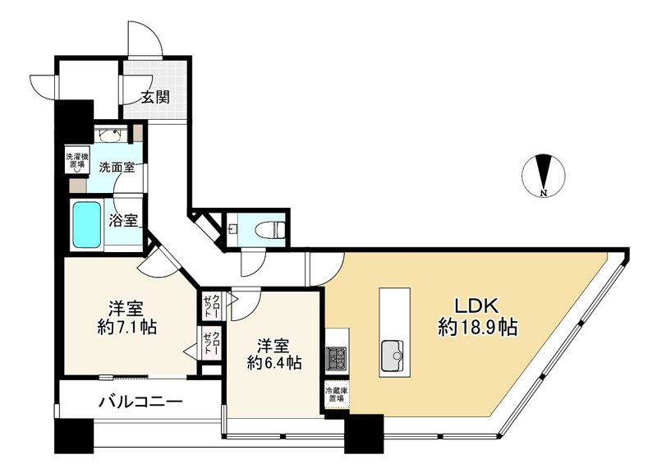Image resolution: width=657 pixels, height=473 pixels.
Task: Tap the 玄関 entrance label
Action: click(154, 97)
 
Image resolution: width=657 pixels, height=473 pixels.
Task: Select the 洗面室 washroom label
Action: click(117, 167)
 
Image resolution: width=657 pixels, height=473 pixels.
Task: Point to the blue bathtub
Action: click(86, 224)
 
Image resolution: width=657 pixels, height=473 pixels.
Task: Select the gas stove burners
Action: click(337, 358)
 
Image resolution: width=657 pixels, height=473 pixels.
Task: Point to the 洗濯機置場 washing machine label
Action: click(76, 160)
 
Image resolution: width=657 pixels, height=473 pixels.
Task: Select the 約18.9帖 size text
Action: click(476, 328)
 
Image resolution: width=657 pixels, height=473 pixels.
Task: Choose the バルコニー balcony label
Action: click(140, 402)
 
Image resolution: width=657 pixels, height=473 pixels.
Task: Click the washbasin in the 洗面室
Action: click(112, 135)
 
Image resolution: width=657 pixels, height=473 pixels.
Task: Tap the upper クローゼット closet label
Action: click(212, 306)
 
